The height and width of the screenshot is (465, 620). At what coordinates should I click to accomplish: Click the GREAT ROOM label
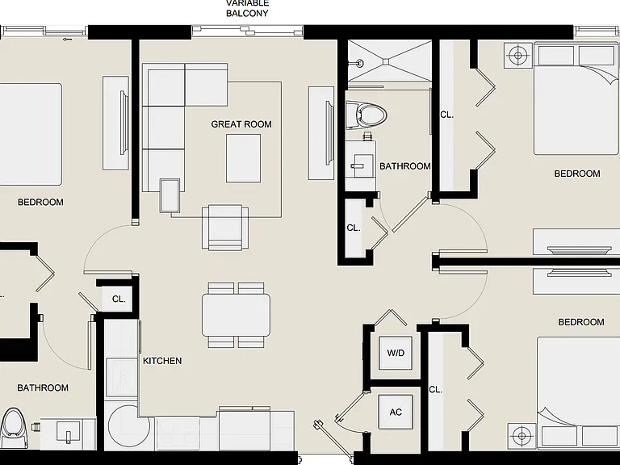click(241, 124)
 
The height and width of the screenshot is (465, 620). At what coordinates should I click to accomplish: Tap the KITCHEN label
click(162, 361)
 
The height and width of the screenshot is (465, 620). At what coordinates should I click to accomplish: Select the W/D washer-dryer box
click(396, 353)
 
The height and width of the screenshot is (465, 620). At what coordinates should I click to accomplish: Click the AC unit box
click(396, 413)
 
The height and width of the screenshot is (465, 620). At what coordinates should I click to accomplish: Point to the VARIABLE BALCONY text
click(247, 9)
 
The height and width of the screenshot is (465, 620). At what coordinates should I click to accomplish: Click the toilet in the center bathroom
click(366, 115)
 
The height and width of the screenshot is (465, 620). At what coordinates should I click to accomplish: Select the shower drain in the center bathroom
click(386, 61)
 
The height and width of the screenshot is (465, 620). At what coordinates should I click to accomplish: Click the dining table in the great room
click(236, 315)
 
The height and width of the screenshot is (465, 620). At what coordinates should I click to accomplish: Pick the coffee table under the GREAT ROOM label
click(244, 158)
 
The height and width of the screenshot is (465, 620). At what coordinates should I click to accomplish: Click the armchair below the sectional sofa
click(225, 227)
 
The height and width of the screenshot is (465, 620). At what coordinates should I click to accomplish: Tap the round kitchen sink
click(129, 427)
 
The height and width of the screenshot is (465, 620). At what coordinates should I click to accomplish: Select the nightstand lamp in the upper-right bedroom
click(518, 56)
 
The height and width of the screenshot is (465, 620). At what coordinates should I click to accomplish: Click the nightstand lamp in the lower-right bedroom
click(522, 436)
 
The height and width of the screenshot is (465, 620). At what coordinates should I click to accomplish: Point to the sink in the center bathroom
click(360, 162)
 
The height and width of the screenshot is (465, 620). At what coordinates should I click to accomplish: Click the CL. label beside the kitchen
click(119, 299)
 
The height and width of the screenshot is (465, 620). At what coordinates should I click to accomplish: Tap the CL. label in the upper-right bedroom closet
click(446, 115)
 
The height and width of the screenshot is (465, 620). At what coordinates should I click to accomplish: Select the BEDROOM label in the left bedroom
click(40, 202)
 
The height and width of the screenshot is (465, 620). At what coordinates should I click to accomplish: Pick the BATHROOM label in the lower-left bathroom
click(43, 387)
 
